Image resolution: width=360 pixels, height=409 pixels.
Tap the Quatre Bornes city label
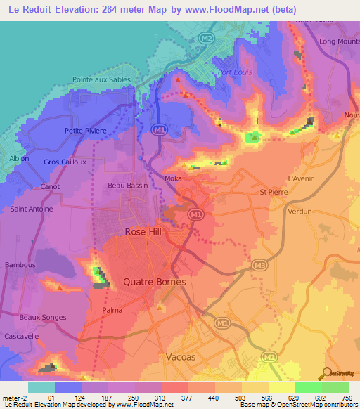tap(154, 282)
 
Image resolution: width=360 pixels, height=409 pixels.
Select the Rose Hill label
tap(143, 231)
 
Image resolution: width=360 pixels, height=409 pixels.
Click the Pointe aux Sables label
tap(102, 80)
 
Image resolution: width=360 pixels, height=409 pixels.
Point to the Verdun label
tap(300, 211)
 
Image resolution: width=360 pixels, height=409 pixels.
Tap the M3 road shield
tap(259, 266)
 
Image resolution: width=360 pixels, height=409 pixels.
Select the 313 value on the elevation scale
tap(148, 398)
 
